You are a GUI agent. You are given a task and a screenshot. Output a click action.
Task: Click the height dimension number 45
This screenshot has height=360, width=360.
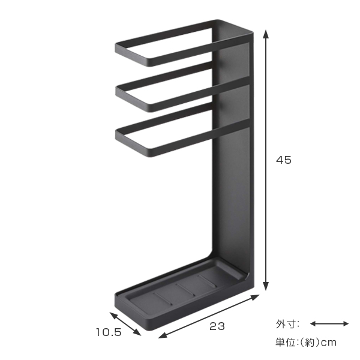click(x=284, y=160)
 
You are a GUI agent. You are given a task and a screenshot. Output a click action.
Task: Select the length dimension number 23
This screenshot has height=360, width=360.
click(x=217, y=326)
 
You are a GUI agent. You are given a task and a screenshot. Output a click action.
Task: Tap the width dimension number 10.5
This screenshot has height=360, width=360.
click(x=109, y=332)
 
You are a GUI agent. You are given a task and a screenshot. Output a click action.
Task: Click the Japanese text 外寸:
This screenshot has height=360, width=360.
click(x=287, y=324)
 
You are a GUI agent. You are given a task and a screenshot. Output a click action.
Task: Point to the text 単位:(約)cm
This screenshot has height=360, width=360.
click(x=306, y=343)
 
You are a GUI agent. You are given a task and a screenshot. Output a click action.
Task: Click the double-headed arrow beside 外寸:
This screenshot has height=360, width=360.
click(x=329, y=324)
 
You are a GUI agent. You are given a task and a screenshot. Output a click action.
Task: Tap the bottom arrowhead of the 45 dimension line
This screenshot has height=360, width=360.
click(x=266, y=286)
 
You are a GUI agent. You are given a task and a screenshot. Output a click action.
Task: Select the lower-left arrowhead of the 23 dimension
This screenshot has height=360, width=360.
click(x=163, y=335)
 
